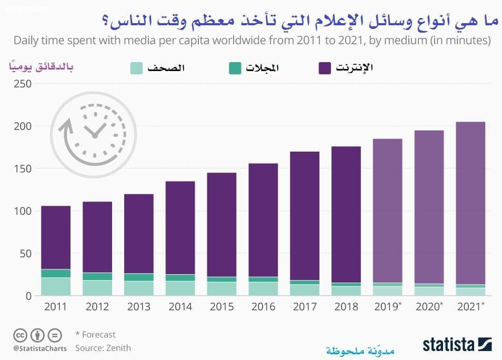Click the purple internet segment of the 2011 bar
coord(56,237)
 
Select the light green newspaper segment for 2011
coord(56,286)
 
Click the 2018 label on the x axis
coord(346,307)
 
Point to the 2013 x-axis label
coord(138,307)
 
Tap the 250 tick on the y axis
coord(22,84)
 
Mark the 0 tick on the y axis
coord(29,296)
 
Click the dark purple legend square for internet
coord(325,68)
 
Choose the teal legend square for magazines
coord(235,68)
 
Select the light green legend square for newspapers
coord(136,68)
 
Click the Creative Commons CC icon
coord(20,335)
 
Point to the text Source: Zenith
coord(103,348)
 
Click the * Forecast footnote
coord(95,335)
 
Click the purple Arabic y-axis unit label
coord(41,66)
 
